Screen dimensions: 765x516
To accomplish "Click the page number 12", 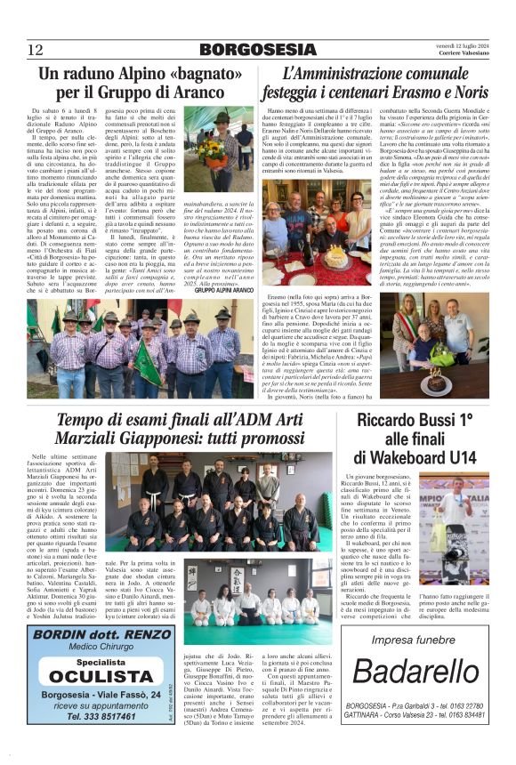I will tap(36, 49).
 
